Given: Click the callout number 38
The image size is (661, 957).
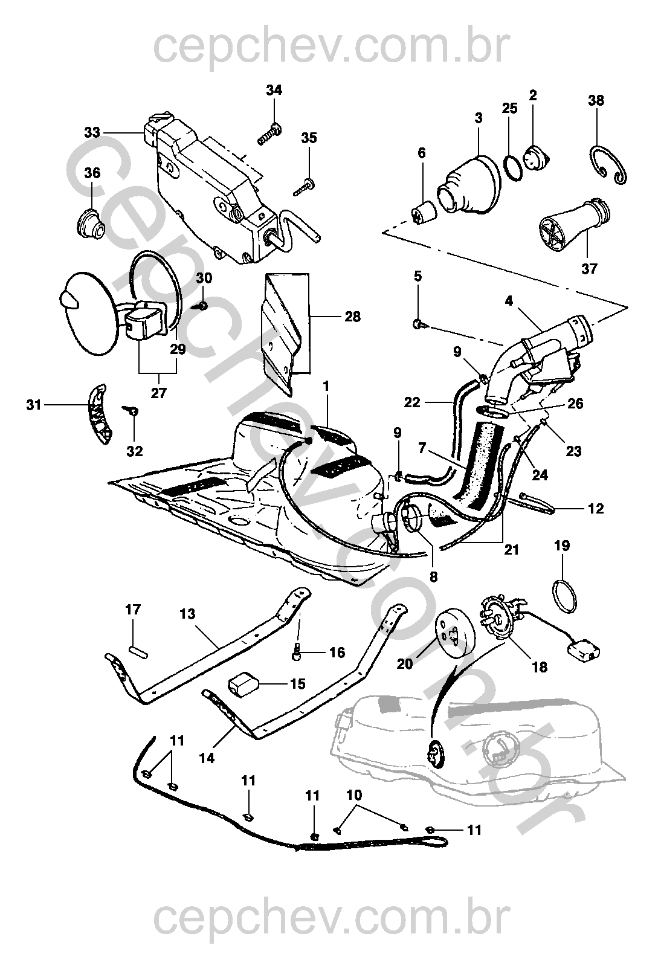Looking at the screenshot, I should tap(596, 100).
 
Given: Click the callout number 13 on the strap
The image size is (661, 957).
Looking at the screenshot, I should tap(187, 614).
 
